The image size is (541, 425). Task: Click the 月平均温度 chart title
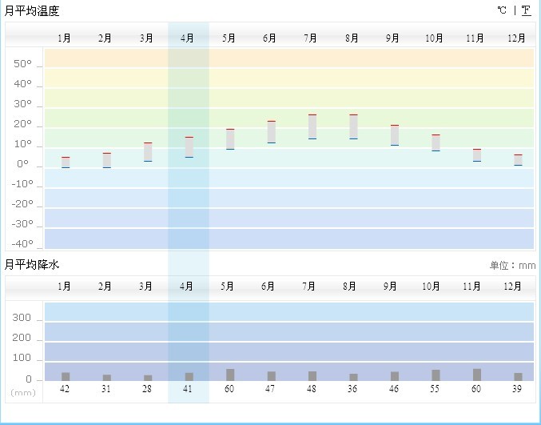32,11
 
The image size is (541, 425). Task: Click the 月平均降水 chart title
32,264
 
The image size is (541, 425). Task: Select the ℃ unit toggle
502,10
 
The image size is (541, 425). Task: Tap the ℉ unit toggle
526,10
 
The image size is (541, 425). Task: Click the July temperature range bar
312,126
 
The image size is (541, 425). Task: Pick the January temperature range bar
66,162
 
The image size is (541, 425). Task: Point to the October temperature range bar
436,142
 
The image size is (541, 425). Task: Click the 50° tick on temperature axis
23,64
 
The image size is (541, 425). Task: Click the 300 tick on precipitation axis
22,319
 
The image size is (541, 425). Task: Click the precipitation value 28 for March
147,388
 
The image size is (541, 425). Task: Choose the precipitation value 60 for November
477,388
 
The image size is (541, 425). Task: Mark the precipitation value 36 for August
353,388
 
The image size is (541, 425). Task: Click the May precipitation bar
230,375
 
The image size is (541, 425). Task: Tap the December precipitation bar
518,376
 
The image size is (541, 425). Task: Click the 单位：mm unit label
512,266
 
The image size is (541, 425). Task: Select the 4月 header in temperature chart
188,38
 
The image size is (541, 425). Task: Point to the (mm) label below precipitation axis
22,392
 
